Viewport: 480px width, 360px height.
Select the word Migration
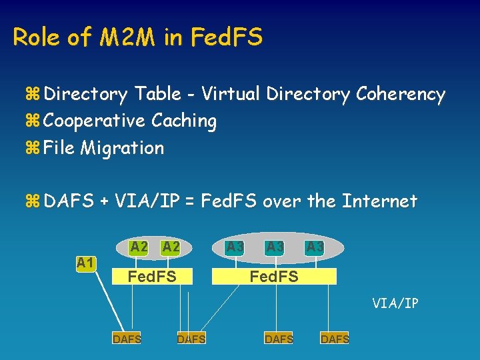click(x=122, y=149)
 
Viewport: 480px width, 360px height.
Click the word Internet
click(x=379, y=201)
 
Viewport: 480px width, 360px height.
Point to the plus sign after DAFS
click(x=104, y=201)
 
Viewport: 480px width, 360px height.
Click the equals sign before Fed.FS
click(x=189, y=201)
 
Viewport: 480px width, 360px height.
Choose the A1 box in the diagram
click(x=85, y=263)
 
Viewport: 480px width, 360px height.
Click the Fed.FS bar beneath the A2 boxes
click(x=152, y=275)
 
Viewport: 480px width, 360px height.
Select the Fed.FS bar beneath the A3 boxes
click(x=274, y=276)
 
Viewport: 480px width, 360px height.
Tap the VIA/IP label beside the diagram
click(x=395, y=303)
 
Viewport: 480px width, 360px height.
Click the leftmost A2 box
click(x=139, y=247)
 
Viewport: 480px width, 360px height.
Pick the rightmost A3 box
click(x=315, y=247)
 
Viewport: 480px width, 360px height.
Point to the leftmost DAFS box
click(x=127, y=339)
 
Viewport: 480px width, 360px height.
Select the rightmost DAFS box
click(x=335, y=339)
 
